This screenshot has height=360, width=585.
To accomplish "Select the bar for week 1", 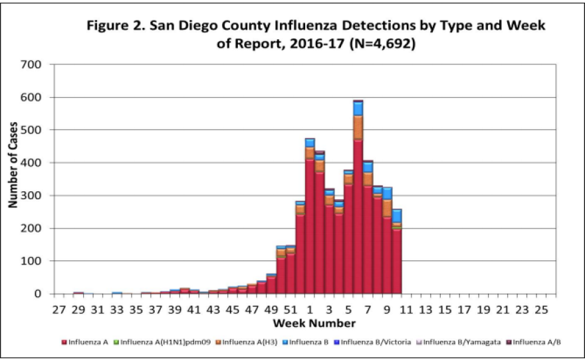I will (x=310, y=219).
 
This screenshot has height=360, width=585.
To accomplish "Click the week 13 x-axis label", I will (x=425, y=310).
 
